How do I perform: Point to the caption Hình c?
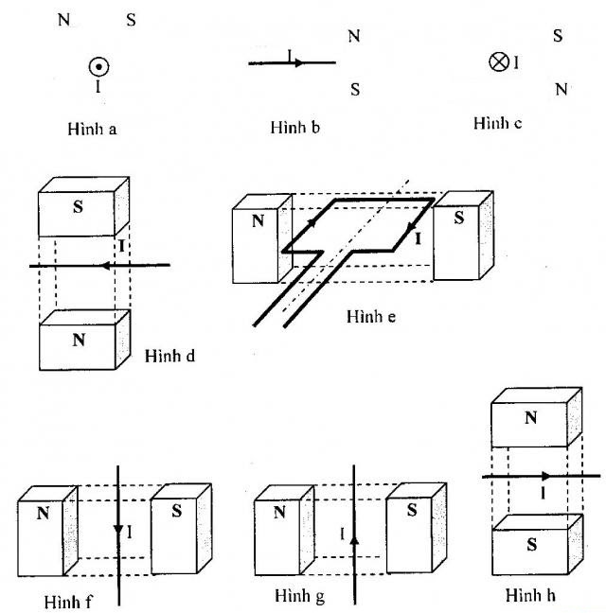498,124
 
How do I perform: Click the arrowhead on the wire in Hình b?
297,63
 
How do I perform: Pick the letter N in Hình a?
64,19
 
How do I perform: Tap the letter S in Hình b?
354,90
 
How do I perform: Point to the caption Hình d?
171,357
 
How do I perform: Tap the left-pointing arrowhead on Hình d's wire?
107,267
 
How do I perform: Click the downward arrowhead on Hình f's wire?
117,534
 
